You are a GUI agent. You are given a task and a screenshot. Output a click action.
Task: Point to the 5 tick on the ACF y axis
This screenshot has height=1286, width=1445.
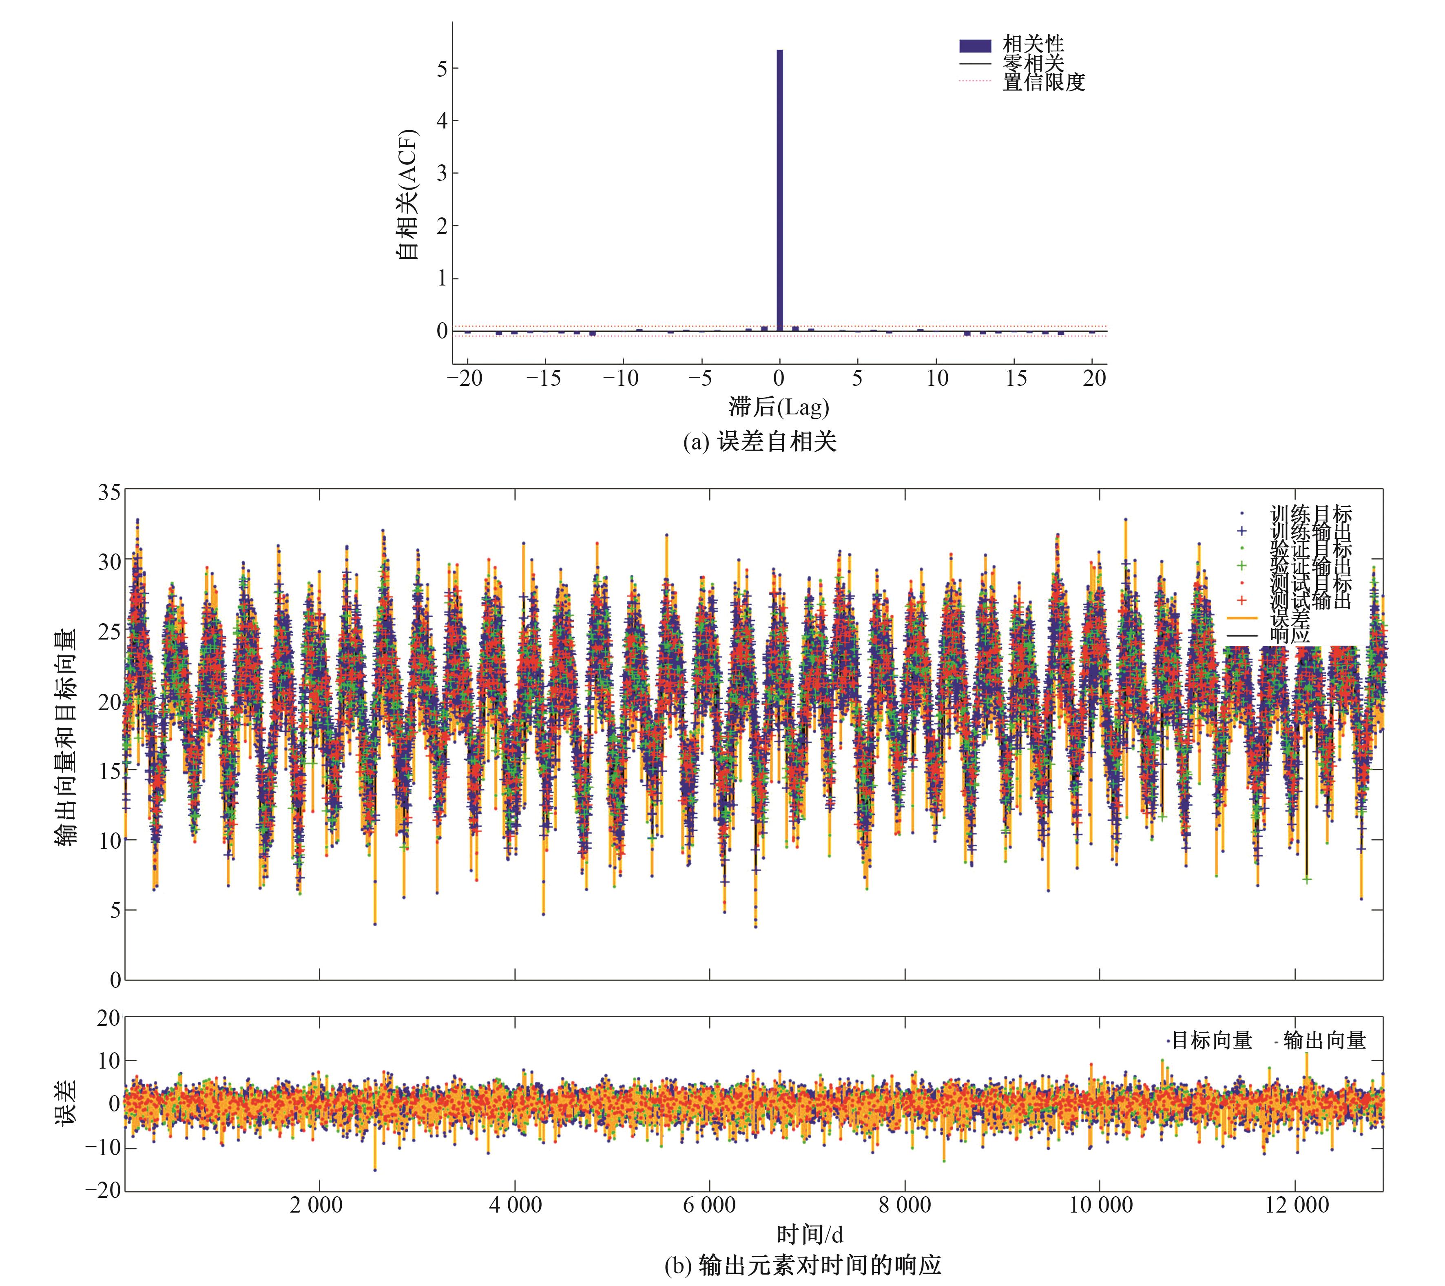point(443,69)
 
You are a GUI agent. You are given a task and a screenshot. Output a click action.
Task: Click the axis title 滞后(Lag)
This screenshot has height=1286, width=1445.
point(778,407)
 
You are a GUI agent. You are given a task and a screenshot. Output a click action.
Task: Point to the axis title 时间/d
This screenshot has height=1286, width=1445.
point(810,1234)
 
